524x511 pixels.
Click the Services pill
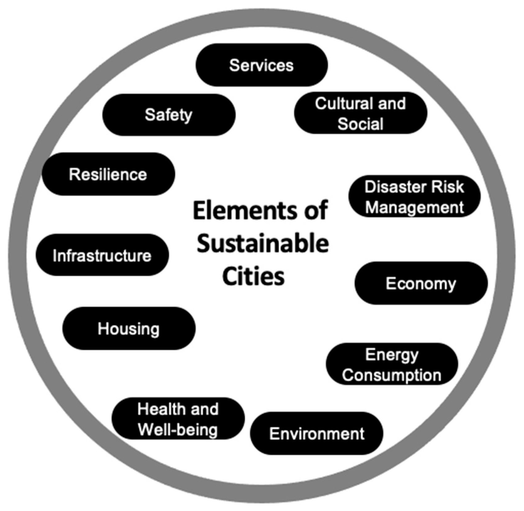(262, 65)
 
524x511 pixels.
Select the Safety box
(169, 115)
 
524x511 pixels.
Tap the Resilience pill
(108, 174)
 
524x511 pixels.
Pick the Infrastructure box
(102, 255)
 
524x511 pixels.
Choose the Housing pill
(129, 328)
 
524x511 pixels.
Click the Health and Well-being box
(178, 419)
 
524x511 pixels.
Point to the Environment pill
(316, 433)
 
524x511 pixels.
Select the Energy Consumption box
(392, 364)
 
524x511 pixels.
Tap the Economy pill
(421, 283)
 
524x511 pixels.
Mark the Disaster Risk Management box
(414, 196)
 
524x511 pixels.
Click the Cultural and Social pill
(360, 113)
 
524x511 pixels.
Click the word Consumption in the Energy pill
(392, 375)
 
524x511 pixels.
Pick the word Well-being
(178, 429)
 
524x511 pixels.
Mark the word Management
(415, 207)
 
